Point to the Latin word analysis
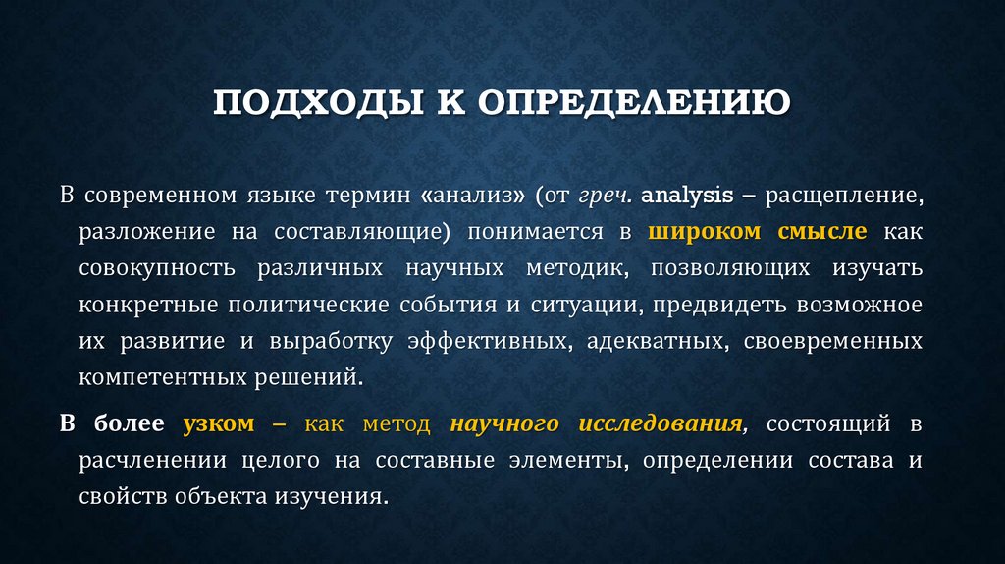687,196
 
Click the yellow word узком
218,424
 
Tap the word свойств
123,497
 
